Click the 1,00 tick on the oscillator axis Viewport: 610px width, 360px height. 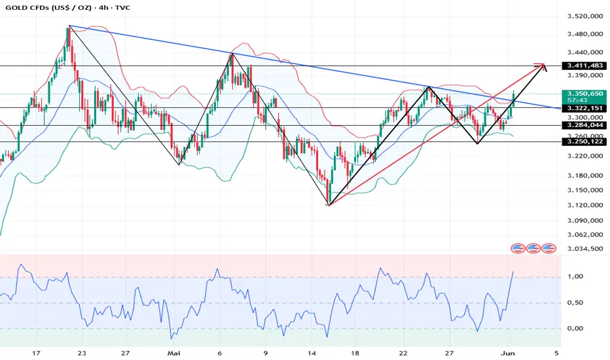point(575,277)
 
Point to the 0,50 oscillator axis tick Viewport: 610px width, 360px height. point(575,302)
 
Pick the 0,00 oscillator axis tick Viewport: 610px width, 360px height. point(575,328)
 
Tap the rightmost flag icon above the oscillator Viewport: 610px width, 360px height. point(548,248)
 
